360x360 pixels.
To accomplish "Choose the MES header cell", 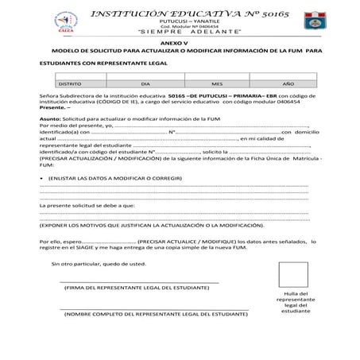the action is [217, 82].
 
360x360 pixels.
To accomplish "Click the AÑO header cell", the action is [288, 82].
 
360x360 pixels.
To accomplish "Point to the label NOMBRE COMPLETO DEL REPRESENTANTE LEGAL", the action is [156, 315].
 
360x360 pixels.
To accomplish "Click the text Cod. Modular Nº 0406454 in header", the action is [180, 24].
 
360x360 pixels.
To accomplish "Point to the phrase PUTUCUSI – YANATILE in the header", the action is [180, 17].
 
